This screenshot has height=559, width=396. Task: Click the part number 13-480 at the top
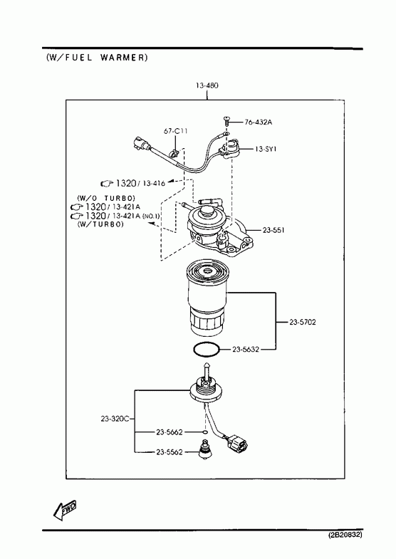tap(207, 85)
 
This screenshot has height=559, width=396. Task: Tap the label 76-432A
tap(258, 122)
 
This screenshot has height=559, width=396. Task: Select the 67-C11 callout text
tap(175, 131)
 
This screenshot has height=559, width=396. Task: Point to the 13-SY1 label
tap(266, 149)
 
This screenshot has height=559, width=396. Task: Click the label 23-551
tap(273, 230)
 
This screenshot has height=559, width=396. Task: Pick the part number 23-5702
tap(302, 323)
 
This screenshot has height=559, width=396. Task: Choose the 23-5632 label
tap(246, 350)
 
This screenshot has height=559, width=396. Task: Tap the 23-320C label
tap(115, 419)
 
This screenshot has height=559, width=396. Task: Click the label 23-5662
tap(170, 432)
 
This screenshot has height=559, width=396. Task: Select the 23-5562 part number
tap(170, 452)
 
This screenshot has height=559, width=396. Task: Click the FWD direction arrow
tap(65, 510)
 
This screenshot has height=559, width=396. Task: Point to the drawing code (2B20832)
tap(345, 535)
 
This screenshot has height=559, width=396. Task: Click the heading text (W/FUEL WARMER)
tap(97, 58)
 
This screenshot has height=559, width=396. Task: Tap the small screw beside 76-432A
tap(226, 120)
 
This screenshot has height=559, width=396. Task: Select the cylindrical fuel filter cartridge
tap(206, 299)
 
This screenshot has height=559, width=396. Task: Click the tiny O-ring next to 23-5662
tap(205, 432)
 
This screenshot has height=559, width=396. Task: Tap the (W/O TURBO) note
tap(106, 198)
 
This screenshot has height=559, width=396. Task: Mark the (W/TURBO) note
tap(100, 224)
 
